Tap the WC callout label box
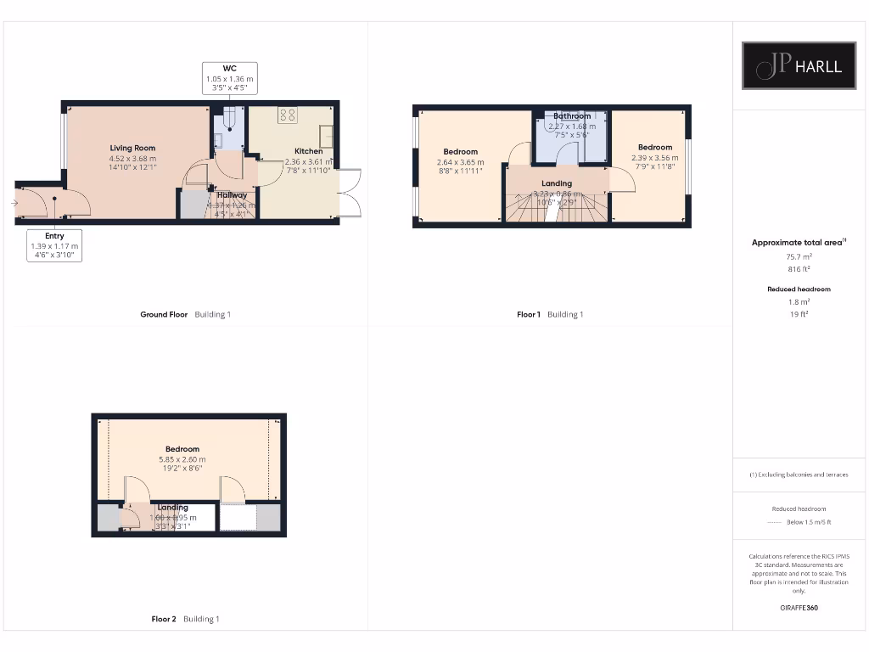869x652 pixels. [x=229, y=78]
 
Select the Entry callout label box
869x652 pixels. [x=54, y=245]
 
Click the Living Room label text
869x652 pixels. [x=132, y=148]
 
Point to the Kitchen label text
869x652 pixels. [x=308, y=151]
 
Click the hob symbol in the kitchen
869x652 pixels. [x=287, y=115]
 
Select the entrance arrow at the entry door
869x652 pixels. [x=15, y=203]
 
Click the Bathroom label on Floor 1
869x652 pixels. [x=572, y=116]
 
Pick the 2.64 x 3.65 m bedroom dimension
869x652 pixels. [x=460, y=162]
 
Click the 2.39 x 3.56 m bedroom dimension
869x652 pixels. [x=654, y=157]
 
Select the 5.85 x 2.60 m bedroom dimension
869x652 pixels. [x=182, y=459]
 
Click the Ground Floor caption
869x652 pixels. [x=164, y=315]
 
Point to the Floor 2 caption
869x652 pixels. [x=164, y=620]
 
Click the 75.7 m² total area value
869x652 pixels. [x=799, y=255]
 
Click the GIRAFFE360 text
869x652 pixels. [x=799, y=608]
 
